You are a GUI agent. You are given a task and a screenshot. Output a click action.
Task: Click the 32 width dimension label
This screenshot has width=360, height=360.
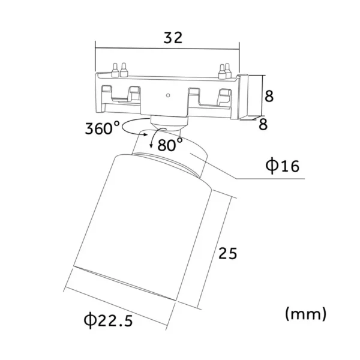tap(173, 38)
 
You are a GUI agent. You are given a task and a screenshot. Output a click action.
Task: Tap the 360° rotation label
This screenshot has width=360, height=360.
tap(102, 128)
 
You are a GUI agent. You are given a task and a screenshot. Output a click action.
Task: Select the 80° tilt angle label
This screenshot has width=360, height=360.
tap(170, 145)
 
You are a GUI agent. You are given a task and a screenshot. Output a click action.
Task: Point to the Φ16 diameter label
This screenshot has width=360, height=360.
tap(283, 166)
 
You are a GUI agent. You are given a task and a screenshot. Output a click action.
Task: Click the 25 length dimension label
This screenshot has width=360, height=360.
tap(227, 253)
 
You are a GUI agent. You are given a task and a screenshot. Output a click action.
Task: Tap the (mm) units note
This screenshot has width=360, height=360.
tap(305, 314)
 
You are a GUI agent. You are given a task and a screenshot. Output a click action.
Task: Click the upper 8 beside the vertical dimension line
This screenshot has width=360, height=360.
tap(269, 96)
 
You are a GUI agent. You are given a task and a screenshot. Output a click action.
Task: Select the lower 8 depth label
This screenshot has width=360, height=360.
tap(263, 124)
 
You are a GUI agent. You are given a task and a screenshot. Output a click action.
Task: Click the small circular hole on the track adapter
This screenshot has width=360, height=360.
tap(168, 95)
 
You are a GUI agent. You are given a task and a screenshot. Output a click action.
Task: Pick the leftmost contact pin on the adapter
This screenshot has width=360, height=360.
tap(115, 70)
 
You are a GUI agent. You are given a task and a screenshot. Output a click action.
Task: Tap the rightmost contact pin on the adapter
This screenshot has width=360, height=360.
tap(227, 71)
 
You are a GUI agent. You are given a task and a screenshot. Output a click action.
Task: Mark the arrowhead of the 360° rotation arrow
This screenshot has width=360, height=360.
tap(145, 134)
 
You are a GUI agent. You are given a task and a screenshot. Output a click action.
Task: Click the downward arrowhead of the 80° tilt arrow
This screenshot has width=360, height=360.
tap(151, 146)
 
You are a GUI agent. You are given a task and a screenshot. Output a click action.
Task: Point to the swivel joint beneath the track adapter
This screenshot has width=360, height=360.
tap(169, 124)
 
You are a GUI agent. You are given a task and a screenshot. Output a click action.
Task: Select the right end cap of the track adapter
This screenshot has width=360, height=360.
tap(243, 97)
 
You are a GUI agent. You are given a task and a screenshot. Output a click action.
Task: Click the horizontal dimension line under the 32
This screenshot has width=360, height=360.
tap(167, 49)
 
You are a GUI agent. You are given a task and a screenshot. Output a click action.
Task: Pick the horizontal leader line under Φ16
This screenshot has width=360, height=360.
tap(271, 178)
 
